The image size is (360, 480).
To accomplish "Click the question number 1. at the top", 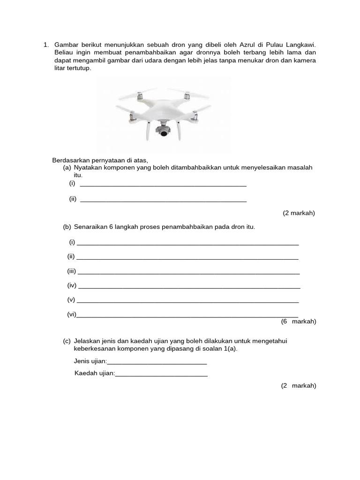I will click(x=46, y=45).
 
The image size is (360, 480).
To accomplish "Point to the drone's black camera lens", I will click(x=164, y=134).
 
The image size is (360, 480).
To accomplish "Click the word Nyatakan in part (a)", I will click(x=87, y=167).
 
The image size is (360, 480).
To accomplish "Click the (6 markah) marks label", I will click(x=299, y=322).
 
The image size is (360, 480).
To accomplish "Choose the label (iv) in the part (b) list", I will click(x=72, y=285).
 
